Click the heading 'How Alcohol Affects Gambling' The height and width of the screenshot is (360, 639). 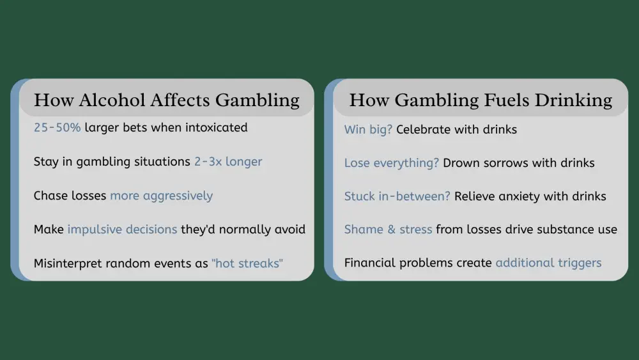[x=166, y=100]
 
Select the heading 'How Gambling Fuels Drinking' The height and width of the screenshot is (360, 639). [x=481, y=100]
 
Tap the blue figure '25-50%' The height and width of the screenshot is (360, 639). [x=58, y=127]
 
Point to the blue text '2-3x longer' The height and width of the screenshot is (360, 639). [x=228, y=161]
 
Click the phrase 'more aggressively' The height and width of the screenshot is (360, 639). [x=161, y=195]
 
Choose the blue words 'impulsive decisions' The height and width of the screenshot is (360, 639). [x=122, y=229]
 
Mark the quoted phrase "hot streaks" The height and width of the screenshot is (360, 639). [x=247, y=263]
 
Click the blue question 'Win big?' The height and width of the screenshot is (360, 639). [x=368, y=129]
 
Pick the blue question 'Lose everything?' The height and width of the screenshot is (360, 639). [x=392, y=162]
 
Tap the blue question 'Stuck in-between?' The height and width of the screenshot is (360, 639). [x=397, y=196]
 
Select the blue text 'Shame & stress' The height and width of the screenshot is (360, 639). [x=389, y=229]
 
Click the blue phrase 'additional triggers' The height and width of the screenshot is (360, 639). [x=548, y=262]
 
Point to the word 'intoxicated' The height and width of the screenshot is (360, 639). [x=216, y=127]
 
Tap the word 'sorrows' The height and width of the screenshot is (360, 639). [x=508, y=162]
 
